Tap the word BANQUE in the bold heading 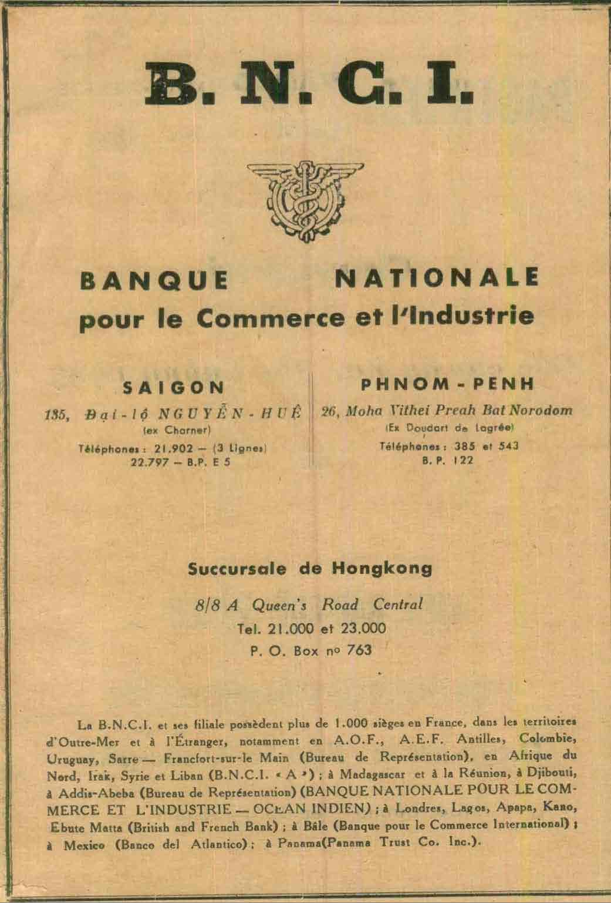[154, 281]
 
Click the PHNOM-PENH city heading [447, 385]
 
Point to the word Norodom [544, 410]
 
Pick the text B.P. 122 [447, 461]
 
